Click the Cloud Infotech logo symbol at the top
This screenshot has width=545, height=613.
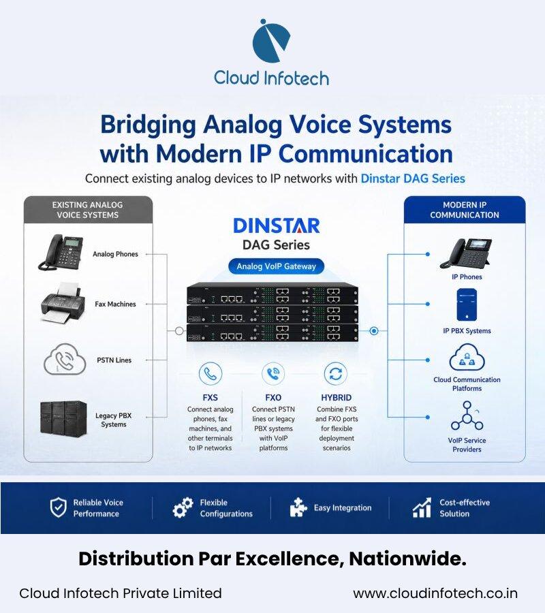[x=271, y=41]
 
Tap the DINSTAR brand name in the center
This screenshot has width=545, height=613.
[x=277, y=226]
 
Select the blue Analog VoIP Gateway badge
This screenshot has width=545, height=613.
[x=276, y=266]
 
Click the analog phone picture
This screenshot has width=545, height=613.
[x=61, y=252]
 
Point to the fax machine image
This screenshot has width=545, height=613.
[x=63, y=302]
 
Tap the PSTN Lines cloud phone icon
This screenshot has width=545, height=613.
[x=65, y=359]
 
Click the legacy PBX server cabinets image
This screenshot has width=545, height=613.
[x=63, y=418]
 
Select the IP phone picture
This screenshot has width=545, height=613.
[x=466, y=253]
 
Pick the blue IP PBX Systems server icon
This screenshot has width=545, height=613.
[x=467, y=305]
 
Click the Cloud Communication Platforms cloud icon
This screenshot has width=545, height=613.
[x=467, y=357]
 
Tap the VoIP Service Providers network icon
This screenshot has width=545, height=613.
[x=467, y=416]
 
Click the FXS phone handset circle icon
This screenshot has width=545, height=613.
[x=211, y=374]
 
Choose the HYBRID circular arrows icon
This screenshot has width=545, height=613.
[x=336, y=374]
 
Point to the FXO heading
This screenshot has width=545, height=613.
[x=273, y=398]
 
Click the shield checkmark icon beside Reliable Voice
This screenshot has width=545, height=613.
[x=59, y=507]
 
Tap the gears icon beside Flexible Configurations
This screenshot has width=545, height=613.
[x=183, y=507]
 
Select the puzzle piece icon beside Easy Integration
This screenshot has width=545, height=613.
[x=298, y=507]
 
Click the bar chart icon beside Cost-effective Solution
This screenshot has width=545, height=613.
[x=422, y=507]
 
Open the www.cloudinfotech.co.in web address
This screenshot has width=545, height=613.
[x=435, y=593]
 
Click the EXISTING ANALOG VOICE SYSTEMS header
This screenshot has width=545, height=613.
[x=88, y=210]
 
